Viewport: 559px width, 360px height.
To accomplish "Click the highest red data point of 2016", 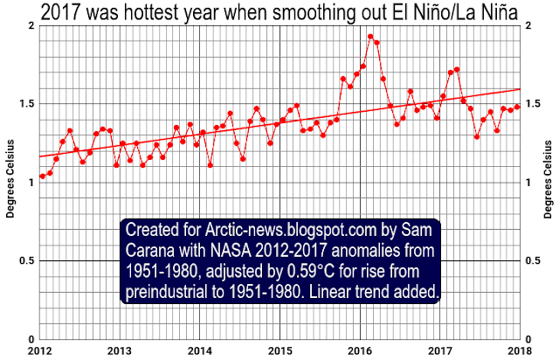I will click(x=370, y=37).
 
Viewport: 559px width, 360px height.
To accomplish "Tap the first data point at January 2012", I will click(x=42, y=177).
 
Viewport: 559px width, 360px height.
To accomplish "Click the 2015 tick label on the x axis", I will click(x=279, y=351).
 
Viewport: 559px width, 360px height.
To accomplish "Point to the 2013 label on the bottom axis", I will click(x=120, y=351).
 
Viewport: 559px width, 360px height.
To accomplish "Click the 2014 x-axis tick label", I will click(x=200, y=351).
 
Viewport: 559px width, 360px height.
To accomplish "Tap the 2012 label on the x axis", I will click(x=40, y=351).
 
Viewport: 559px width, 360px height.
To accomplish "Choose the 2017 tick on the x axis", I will click(x=439, y=351).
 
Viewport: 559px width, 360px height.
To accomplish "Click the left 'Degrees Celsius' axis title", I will click(x=9, y=181).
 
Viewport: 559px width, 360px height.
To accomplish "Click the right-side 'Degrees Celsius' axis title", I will click(x=550, y=181).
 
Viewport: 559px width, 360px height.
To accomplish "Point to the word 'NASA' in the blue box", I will click(x=226, y=251).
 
